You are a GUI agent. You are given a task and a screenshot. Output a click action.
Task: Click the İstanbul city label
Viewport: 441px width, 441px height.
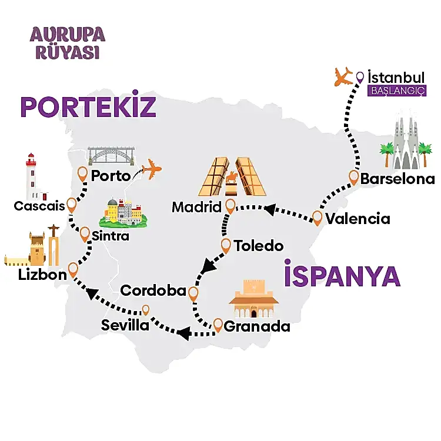click(396, 78)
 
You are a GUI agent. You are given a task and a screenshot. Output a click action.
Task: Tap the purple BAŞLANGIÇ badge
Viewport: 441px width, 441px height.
click(396, 92)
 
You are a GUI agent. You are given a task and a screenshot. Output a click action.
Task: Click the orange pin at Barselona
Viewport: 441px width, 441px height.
click(354, 176)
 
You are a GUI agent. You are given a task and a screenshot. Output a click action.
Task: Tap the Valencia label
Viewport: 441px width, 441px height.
click(358, 219)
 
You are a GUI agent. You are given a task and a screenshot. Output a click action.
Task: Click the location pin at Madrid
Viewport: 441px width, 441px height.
click(230, 205)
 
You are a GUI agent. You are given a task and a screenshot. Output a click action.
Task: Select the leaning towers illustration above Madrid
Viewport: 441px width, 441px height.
click(231, 176)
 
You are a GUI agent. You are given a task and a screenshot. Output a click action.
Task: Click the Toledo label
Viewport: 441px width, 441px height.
click(259, 246)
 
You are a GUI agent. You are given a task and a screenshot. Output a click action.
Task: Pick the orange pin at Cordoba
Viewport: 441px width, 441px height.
click(192, 292)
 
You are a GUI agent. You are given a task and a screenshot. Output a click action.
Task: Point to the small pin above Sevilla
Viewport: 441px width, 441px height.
click(146, 309)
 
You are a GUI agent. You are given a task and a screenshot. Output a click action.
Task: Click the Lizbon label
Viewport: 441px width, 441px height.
click(42, 275)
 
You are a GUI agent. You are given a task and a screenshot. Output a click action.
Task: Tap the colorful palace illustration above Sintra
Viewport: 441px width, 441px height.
click(123, 213)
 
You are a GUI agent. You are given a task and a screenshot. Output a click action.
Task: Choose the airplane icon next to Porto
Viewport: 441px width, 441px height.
click(152, 169)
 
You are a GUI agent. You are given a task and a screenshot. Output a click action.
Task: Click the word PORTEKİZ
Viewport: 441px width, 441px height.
click(88, 107)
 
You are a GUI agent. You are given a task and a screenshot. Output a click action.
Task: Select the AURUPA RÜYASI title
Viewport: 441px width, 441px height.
click(67, 42)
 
